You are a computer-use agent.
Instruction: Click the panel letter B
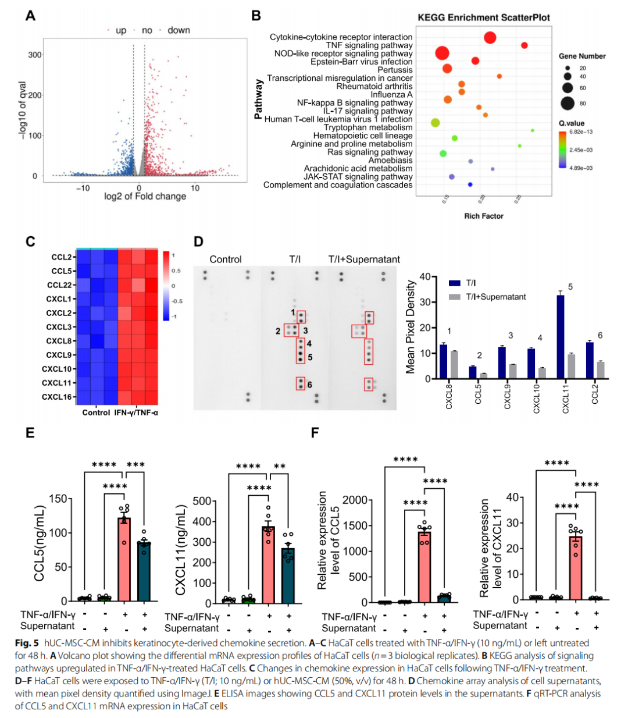[256, 16]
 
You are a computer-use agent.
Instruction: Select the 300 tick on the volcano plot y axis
[35, 55]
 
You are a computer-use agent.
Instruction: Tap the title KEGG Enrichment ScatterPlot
[484, 17]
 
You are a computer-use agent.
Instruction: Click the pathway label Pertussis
[395, 70]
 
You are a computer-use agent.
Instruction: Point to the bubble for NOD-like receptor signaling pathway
[442, 54]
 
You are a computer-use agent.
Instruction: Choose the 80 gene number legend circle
[568, 104]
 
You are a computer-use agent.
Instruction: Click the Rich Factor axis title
[484, 216]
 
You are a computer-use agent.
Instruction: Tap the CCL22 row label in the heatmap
[59, 285]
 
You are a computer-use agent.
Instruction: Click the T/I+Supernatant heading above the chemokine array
[364, 260]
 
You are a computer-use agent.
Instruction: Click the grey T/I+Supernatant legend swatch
[455, 297]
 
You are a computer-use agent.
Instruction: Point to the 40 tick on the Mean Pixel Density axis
[424, 277]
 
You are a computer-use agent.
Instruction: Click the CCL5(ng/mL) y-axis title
[39, 543]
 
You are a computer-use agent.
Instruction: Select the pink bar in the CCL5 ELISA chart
[124, 559]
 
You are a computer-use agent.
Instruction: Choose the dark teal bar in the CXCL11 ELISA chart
[288, 575]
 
